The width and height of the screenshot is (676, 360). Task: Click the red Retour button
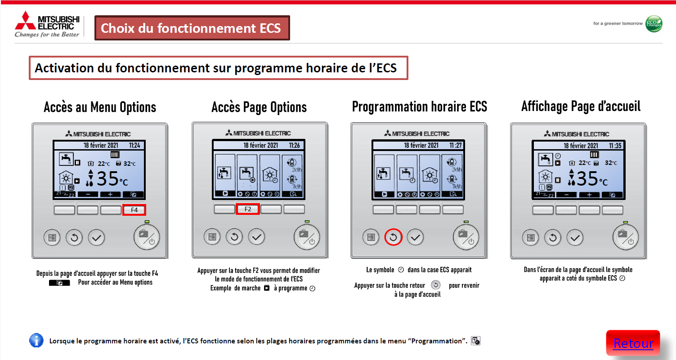click(633, 343)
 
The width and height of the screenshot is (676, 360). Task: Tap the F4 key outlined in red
click(134, 210)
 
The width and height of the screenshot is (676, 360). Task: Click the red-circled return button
click(393, 237)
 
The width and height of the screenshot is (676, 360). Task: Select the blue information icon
click(36, 340)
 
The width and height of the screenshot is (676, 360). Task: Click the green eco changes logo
click(654, 23)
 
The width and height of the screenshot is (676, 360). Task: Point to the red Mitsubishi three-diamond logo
click(25, 21)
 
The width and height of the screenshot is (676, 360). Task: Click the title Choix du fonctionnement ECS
click(191, 28)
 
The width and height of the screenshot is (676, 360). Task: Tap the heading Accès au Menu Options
click(100, 107)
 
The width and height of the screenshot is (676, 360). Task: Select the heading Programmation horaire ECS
click(420, 107)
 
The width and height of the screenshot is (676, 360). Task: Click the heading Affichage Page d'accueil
click(581, 106)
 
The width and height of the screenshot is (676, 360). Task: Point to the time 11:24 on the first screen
click(134, 145)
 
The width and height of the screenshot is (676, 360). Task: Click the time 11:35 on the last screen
click(615, 146)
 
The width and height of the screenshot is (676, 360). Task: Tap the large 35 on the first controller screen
click(107, 178)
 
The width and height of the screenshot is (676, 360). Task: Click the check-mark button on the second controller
click(256, 237)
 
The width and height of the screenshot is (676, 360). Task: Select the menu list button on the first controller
click(52, 238)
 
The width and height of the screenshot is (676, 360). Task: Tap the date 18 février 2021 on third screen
click(421, 145)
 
